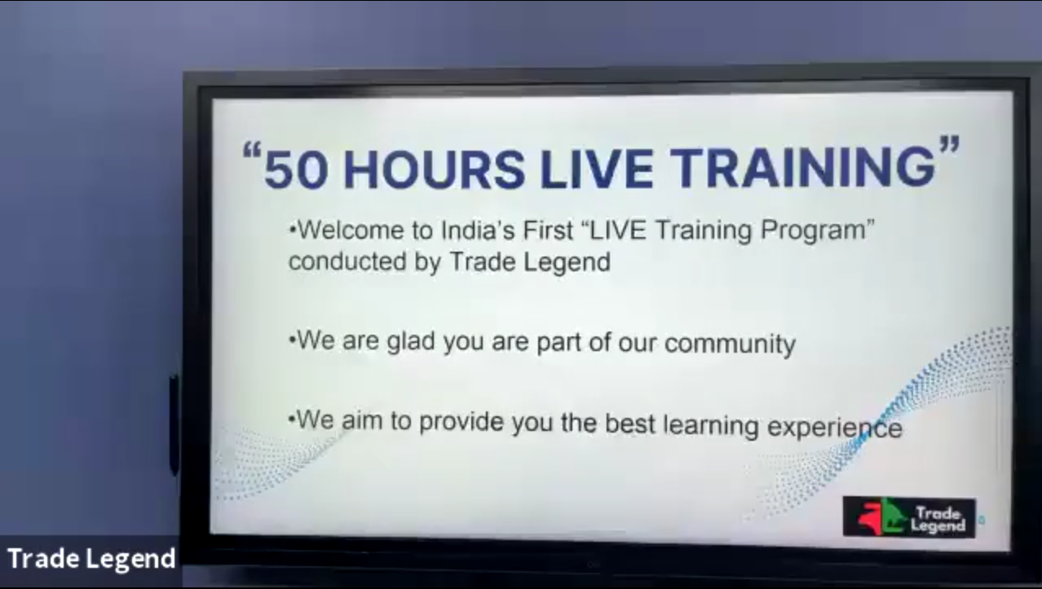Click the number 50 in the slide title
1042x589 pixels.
click(x=295, y=169)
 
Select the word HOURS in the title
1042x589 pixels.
click(x=434, y=169)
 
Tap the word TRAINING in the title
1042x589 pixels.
click(x=803, y=166)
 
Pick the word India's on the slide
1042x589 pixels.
click(x=478, y=230)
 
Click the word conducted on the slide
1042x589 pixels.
click(x=347, y=262)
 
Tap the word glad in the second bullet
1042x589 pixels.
click(x=411, y=341)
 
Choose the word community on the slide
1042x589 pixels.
click(x=730, y=345)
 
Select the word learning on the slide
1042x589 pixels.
click(x=710, y=425)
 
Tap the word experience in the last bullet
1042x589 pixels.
click(x=835, y=427)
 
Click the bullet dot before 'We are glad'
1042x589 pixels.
click(x=292, y=341)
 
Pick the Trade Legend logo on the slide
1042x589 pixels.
click(x=909, y=517)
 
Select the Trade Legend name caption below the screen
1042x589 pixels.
click(x=91, y=559)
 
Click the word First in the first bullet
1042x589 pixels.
click(x=548, y=230)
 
